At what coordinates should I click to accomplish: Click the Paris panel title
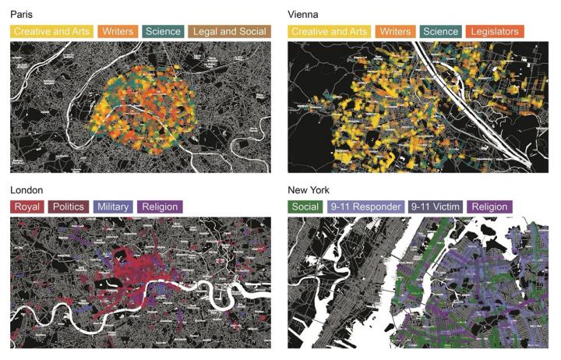click(x=22, y=15)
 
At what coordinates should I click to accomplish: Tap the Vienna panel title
click(x=303, y=15)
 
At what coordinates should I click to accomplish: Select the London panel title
click(x=26, y=190)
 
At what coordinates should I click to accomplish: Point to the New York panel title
click(x=309, y=190)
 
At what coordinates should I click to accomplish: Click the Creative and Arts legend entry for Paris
click(x=51, y=32)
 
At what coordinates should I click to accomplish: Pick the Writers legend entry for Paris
click(x=118, y=32)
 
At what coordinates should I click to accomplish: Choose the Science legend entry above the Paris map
click(x=162, y=32)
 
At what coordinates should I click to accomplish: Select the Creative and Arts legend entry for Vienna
click(x=329, y=32)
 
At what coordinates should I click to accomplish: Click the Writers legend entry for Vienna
click(x=395, y=32)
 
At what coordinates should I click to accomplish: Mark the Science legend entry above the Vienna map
click(x=439, y=32)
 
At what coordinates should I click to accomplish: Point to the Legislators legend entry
click(x=496, y=32)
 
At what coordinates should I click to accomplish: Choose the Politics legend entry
click(x=69, y=207)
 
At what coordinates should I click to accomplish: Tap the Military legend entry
click(x=114, y=207)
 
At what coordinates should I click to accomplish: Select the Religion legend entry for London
click(x=160, y=207)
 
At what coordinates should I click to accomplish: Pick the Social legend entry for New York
click(x=305, y=207)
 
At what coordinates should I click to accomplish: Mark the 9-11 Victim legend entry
click(x=436, y=207)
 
